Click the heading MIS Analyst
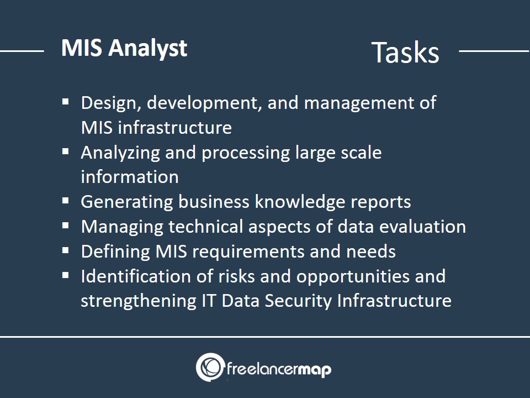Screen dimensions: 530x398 click(x=124, y=48)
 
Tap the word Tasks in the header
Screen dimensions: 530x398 click(x=405, y=52)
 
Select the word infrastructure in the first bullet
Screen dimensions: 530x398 click(x=175, y=128)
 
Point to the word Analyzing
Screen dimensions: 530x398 click(x=120, y=153)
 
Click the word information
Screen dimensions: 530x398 click(x=130, y=177)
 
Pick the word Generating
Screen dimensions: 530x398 click(x=127, y=202)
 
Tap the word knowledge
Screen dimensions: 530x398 click(x=300, y=202)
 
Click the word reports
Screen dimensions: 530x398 click(x=380, y=203)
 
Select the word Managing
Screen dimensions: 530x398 click(x=122, y=227)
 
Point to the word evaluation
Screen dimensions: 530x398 click(x=422, y=227)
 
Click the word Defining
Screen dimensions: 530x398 click(x=115, y=252)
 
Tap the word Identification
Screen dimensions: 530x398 click(x=136, y=276)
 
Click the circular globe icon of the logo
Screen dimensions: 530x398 click(x=210, y=367)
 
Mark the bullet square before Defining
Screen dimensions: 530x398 click(x=66, y=251)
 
